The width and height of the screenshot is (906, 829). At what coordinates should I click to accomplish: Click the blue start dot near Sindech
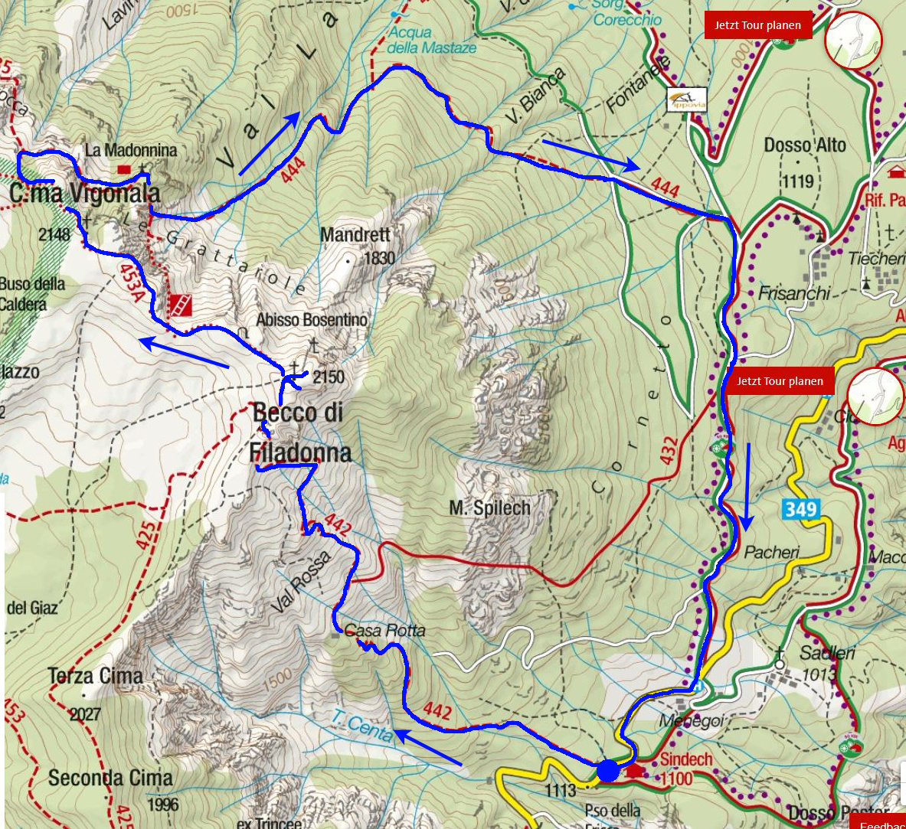[608, 770]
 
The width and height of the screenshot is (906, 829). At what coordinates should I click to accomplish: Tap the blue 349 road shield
[801, 509]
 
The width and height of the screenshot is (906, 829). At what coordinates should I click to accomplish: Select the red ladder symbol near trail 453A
[180, 305]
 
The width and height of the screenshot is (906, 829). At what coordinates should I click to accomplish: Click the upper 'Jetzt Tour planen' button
[757, 25]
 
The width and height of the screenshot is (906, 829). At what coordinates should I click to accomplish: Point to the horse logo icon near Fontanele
[686, 99]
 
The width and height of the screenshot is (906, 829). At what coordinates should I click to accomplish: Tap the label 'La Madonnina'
[131, 151]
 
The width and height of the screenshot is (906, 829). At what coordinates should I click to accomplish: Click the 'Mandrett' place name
[355, 234]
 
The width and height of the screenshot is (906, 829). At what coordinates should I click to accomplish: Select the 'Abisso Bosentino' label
[312, 319]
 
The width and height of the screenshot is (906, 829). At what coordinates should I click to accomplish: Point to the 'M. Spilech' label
[489, 508]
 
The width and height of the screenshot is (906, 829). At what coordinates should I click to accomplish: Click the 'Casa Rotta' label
[384, 631]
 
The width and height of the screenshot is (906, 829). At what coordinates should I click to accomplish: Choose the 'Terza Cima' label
[95, 677]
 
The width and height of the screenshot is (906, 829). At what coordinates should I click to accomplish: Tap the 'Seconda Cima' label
[110, 778]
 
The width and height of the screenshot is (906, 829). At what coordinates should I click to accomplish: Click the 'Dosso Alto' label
[805, 145]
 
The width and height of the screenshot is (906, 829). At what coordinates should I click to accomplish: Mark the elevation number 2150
[329, 377]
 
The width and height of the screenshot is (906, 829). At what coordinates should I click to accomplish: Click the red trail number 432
[669, 451]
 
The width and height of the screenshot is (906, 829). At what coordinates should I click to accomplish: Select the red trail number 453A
[130, 282]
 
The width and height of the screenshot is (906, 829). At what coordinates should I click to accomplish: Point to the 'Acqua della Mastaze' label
[431, 40]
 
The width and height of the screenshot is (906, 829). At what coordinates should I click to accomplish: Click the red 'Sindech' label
[686, 759]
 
